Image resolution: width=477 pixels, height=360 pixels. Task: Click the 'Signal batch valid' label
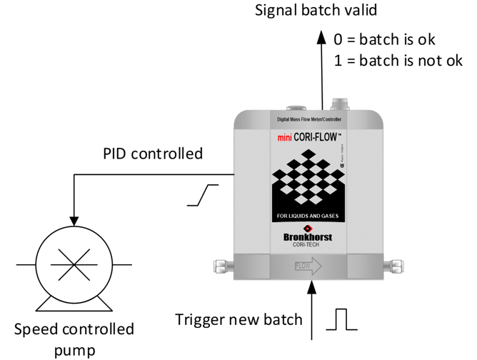[x=315, y=11]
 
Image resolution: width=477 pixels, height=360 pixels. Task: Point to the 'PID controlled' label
[x=153, y=154]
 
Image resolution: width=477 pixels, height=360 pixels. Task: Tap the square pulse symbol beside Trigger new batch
[x=341, y=319]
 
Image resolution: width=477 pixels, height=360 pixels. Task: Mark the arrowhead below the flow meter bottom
[x=312, y=286]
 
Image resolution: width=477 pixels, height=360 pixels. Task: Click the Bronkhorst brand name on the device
[x=307, y=236]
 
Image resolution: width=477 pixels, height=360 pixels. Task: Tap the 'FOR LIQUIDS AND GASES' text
[x=307, y=216]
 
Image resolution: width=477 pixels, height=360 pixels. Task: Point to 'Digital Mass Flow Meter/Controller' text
[x=309, y=120]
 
